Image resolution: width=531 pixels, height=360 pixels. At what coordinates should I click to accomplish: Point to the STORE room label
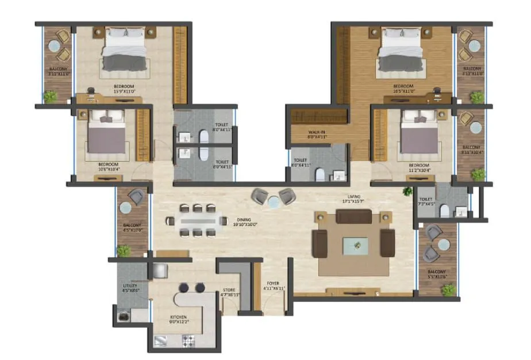pyautogui.click(x=230, y=292)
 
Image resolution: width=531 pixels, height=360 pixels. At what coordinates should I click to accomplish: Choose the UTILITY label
pyautogui.click(x=129, y=288)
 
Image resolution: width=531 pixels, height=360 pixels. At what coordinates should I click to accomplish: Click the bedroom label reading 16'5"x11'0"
pyautogui.click(x=403, y=89)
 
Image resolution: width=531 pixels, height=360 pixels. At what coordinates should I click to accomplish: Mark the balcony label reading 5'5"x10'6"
pyautogui.click(x=437, y=274)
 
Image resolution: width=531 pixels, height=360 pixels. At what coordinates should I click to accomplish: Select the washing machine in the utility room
pyautogui.click(x=124, y=315)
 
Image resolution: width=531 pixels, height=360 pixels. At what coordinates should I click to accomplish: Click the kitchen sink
pyautogui.click(x=161, y=342)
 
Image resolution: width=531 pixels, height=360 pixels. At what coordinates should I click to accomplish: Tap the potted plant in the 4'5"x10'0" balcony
pyautogui.click(x=123, y=250)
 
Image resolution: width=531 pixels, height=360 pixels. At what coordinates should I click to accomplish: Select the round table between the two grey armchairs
pyautogui.click(x=274, y=201)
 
